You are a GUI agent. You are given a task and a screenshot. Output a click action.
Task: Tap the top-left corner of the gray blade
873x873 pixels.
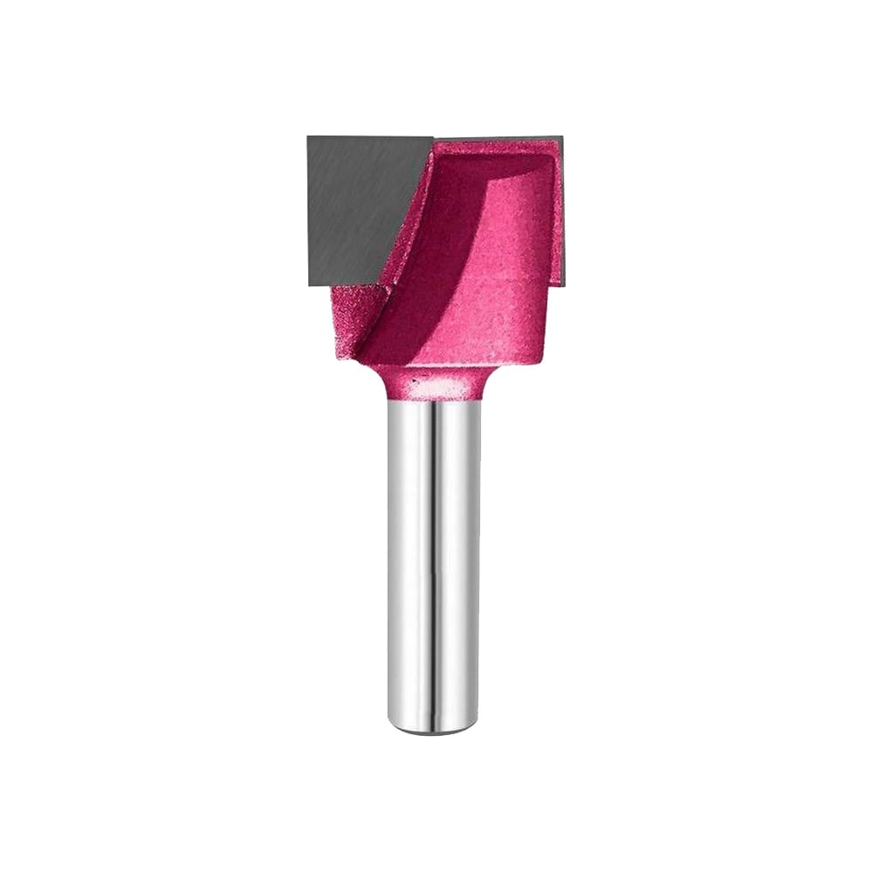[309, 138]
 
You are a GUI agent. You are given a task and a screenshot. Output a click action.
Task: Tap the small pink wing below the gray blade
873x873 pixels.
[354, 323]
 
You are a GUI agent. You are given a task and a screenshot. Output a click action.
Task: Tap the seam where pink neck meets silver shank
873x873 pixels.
[434, 399]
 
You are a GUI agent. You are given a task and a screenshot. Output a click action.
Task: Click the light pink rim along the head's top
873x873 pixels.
[498, 145]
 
